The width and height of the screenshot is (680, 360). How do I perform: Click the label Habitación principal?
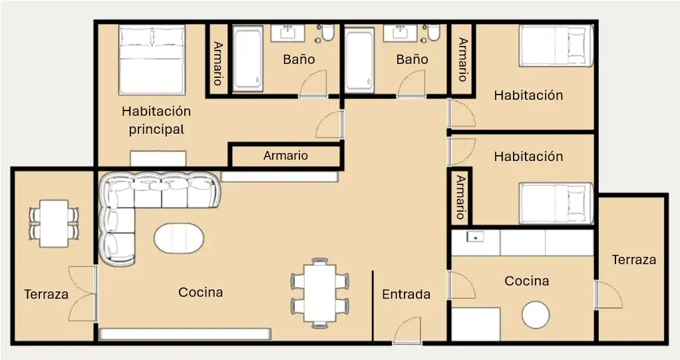[x=156, y=120]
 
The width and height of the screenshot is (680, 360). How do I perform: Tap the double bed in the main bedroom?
[x=152, y=60]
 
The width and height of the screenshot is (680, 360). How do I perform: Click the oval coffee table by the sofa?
[x=179, y=238]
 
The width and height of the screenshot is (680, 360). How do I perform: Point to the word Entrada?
[x=407, y=294]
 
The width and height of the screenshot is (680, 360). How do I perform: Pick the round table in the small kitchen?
[x=536, y=315]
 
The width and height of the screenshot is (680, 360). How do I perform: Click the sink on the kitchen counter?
[x=475, y=237]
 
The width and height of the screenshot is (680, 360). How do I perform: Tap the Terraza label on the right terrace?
[x=633, y=260]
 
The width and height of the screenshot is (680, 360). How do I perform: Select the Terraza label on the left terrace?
[x=47, y=295]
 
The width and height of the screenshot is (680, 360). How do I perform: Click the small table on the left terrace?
[x=54, y=224]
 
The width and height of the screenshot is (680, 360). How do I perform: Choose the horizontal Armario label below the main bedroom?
[x=286, y=155]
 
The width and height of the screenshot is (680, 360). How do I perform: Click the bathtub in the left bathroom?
[x=248, y=59]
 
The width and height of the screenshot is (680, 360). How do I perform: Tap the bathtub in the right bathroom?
[x=359, y=60]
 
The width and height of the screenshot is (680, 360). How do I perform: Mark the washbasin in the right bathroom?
[x=400, y=33]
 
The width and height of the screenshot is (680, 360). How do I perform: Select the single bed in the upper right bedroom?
[x=556, y=45]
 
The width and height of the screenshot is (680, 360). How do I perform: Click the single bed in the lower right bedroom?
[x=556, y=204]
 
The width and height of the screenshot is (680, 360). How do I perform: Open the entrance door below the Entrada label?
[x=407, y=331]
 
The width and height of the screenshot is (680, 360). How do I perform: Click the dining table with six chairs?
[x=320, y=293]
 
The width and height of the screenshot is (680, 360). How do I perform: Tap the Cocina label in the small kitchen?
[x=527, y=281]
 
